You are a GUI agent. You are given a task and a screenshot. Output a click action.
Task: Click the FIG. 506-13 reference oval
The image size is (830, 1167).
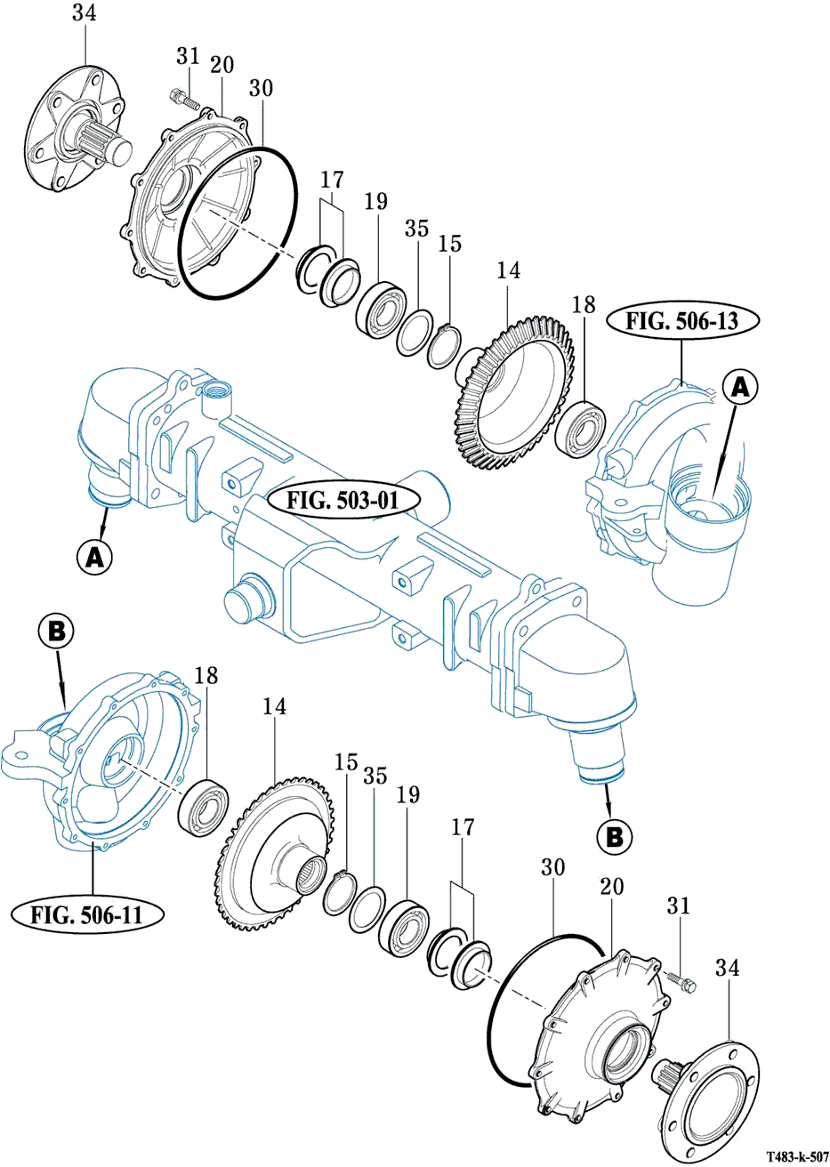click(x=682, y=321)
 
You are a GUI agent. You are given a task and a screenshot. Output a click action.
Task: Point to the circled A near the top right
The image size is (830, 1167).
click(x=742, y=389)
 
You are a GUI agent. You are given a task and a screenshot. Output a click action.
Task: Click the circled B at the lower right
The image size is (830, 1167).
click(x=613, y=836)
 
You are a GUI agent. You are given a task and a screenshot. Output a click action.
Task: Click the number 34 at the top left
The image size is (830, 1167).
click(x=84, y=14)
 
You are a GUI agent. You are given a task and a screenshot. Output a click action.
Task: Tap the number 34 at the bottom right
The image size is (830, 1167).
click(x=728, y=967)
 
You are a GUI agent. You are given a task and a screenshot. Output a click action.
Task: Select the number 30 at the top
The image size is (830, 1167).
click(x=262, y=88)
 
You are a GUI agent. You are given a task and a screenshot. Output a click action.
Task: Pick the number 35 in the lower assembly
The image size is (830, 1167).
click(x=375, y=775)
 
